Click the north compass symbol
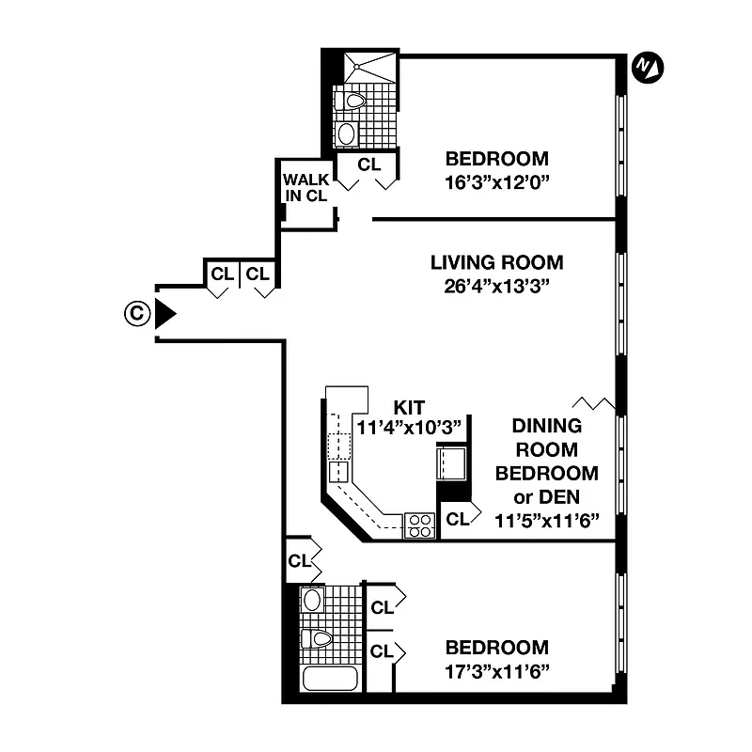[x=645, y=66]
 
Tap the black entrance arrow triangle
[x=165, y=314]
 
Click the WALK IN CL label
[x=305, y=187]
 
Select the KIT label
[x=409, y=406]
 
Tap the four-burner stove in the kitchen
[x=419, y=525]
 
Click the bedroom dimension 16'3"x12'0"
[x=496, y=183]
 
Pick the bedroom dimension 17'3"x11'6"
[x=496, y=671]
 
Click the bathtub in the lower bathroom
[x=329, y=677]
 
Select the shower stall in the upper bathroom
[x=368, y=68]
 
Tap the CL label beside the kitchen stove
[x=457, y=519]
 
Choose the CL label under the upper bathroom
[x=369, y=164]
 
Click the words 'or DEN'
[x=545, y=495]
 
